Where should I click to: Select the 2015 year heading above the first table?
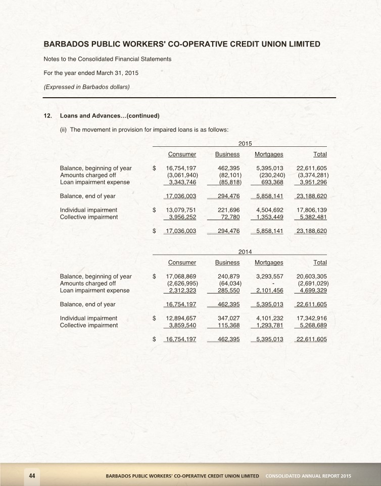pos(245,144)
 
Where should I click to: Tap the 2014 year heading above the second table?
pos(245,252)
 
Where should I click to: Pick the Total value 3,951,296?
pos(313,182)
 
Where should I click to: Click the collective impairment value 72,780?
pos(230,217)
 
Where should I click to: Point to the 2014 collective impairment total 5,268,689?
pos(313,326)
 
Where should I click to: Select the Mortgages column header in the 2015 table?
pos(269,154)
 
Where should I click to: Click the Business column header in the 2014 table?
pos(227,262)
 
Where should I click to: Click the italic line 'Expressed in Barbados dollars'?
pos(87,87)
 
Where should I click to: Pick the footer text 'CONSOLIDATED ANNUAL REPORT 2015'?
pos(308,476)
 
